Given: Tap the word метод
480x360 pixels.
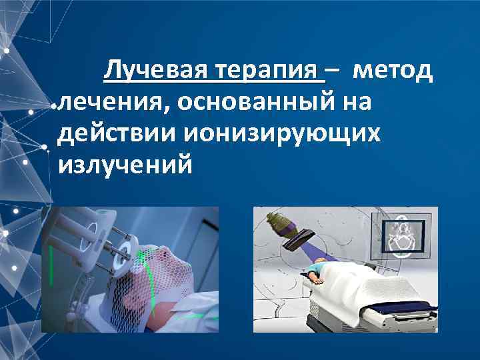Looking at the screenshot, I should (x=393, y=70).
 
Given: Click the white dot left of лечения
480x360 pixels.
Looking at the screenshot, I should (x=53, y=105).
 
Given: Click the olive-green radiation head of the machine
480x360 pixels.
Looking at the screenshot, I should (x=279, y=223).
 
